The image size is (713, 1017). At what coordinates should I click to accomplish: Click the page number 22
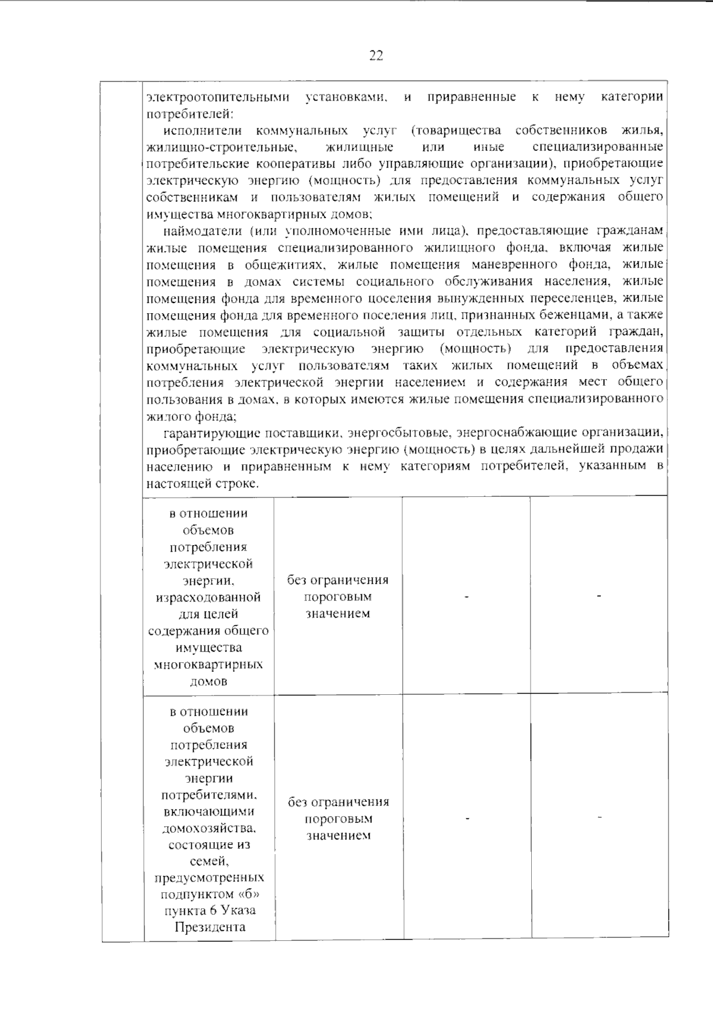(376, 56)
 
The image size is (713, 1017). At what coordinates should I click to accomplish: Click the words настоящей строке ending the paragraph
(203, 483)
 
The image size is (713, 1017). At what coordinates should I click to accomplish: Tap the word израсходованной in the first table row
(209, 597)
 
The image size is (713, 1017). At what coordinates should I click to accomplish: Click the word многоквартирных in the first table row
(209, 664)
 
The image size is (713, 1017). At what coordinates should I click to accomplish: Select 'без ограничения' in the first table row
(338, 580)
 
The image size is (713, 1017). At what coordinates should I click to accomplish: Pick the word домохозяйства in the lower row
(209, 828)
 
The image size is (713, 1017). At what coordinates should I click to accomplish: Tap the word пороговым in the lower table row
(338, 818)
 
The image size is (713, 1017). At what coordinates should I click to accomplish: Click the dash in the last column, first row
(599, 595)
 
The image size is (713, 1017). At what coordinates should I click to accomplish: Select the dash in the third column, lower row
(468, 818)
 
